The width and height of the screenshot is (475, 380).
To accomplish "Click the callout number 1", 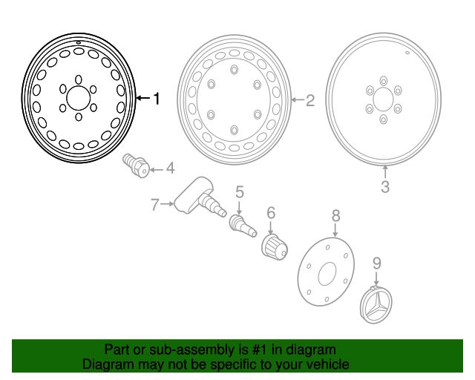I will tap(156, 97).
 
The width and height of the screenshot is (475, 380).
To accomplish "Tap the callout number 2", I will tap(310, 99).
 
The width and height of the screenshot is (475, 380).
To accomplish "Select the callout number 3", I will tap(384, 187).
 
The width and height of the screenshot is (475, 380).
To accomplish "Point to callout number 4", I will tap(170, 168).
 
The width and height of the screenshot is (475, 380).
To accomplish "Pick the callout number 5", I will tap(240, 192).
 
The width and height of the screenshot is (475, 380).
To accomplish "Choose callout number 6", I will tap(271, 213).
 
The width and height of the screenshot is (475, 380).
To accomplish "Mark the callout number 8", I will tap(335, 215).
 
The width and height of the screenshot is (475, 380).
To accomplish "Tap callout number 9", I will tap(376, 263).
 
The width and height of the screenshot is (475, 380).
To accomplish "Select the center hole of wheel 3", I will tap(383, 99).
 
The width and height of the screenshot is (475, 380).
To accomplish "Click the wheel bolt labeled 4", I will tap(134, 165).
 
